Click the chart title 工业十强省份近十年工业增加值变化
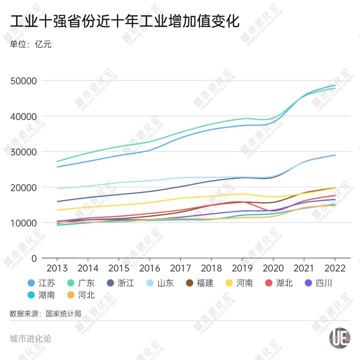tap(125, 22)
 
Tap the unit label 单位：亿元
tap(31, 44)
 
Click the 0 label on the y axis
tap(33, 258)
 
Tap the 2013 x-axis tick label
tap(57, 268)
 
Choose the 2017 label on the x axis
tap(181, 268)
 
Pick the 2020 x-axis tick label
tap(273, 268)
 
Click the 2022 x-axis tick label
tap(335, 268)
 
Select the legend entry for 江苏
tap(42, 283)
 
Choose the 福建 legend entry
tap(200, 283)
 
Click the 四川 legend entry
tap(319, 283)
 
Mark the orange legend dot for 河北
tap(70, 295)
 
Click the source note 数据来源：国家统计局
tap(45, 314)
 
